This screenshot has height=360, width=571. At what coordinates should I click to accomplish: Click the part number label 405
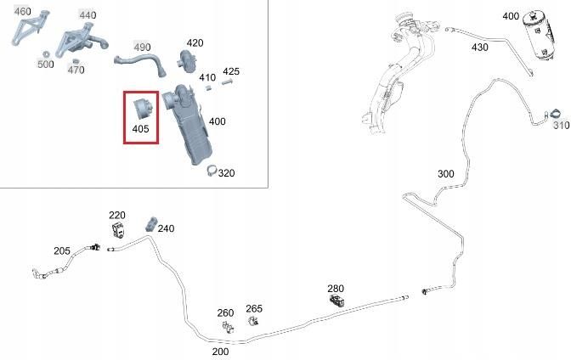point(140,129)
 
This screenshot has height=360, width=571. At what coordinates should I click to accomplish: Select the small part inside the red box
point(143,109)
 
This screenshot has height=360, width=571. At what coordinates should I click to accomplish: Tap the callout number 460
point(23,12)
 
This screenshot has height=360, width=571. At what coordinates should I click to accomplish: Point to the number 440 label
point(88,15)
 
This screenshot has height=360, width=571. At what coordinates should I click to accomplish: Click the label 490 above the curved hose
point(142,48)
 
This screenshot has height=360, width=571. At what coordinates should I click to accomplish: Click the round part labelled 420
point(187,60)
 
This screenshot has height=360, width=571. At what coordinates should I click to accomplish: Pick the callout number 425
point(231,71)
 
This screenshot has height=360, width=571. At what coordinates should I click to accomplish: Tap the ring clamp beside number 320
point(212,171)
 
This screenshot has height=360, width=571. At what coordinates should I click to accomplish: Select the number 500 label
point(46,65)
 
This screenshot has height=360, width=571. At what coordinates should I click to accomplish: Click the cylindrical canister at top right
point(540,34)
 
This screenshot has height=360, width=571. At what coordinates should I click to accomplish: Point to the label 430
point(479,48)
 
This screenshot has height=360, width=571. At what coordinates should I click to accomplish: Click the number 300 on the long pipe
point(446,174)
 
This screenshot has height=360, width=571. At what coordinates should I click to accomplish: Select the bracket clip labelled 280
point(336,301)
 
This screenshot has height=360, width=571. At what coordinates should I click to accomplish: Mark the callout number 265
point(254,309)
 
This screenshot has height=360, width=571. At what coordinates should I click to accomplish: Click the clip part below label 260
point(228,327)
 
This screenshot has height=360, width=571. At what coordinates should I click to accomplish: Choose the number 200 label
point(220,352)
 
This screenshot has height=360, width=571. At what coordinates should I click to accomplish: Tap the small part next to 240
point(151,224)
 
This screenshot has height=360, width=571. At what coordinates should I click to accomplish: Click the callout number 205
point(62,250)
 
